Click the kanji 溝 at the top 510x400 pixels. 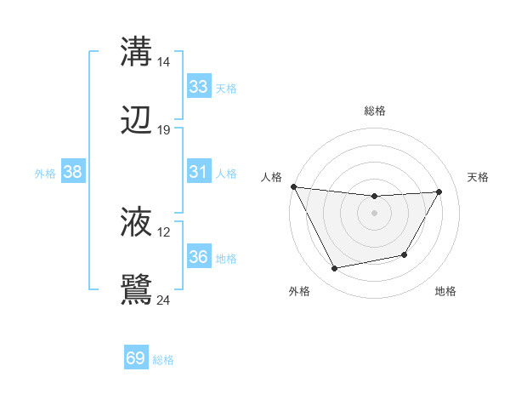pos(136,52)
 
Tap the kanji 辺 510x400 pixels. pos(136,121)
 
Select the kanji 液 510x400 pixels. pos(136,223)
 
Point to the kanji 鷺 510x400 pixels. pos(136,289)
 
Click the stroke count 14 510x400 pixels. pos(163,62)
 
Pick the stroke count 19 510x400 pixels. pos(163,130)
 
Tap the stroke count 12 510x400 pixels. pos(163,232)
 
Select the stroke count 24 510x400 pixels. pos(163,300)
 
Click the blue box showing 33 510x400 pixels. pos(198,87)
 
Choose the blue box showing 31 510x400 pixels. pos(198,172)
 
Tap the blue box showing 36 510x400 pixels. pos(198,257)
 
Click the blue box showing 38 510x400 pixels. pos(72,172)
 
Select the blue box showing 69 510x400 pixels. pos(136,359)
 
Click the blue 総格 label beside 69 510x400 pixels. pos(163,360)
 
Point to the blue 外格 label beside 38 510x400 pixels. pos(45,173)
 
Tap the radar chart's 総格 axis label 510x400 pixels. pos(374,111)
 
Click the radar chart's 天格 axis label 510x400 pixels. pos(479,177)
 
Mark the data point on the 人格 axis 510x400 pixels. pos(293,186)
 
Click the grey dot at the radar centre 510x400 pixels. pos(374,213)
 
